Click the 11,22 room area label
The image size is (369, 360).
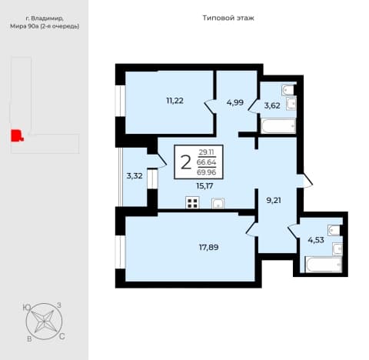coord(175,101)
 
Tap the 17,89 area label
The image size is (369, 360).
coord(209,248)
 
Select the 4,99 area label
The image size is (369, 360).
coord(235,102)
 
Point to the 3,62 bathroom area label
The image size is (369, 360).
coord(272,105)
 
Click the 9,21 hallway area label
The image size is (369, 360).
coord(274,200)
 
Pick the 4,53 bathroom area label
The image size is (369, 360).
coord(316,240)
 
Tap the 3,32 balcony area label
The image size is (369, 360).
coord(135,176)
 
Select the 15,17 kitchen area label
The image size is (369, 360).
coord(204,186)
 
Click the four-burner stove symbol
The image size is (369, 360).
coord(192,203)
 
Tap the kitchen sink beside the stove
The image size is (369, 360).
coord(218,203)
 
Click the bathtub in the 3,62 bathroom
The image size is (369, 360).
coord(278,126)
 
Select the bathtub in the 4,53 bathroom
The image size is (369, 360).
coord(324,265)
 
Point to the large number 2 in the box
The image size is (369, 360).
coord(186,162)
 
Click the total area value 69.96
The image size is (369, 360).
coord(207,172)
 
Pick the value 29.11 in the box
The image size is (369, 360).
coord(207,152)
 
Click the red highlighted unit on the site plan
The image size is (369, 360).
coord(16,135)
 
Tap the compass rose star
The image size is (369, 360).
coord(44,322)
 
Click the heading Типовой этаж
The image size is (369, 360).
coord(228,18)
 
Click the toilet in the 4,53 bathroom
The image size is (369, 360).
coord(334,230)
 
